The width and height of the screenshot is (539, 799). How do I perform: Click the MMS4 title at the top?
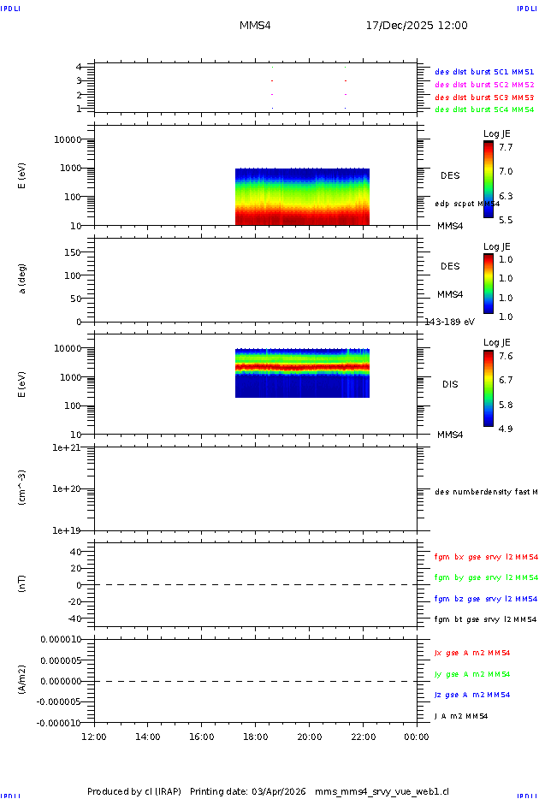256,26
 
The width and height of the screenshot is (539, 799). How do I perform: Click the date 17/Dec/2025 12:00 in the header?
416,26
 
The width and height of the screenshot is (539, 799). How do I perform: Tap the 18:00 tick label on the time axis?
256,736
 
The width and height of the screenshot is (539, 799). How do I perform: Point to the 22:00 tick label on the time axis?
364,736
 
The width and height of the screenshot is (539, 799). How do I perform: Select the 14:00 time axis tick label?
148,736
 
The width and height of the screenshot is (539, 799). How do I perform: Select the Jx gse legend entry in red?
472,653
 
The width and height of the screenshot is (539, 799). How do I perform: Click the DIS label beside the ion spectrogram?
450,385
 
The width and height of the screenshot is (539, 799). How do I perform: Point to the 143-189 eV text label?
450,323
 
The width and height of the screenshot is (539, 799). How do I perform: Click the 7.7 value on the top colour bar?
506,147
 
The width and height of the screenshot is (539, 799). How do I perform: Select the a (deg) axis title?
23,278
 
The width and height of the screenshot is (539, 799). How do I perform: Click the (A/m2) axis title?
23,680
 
